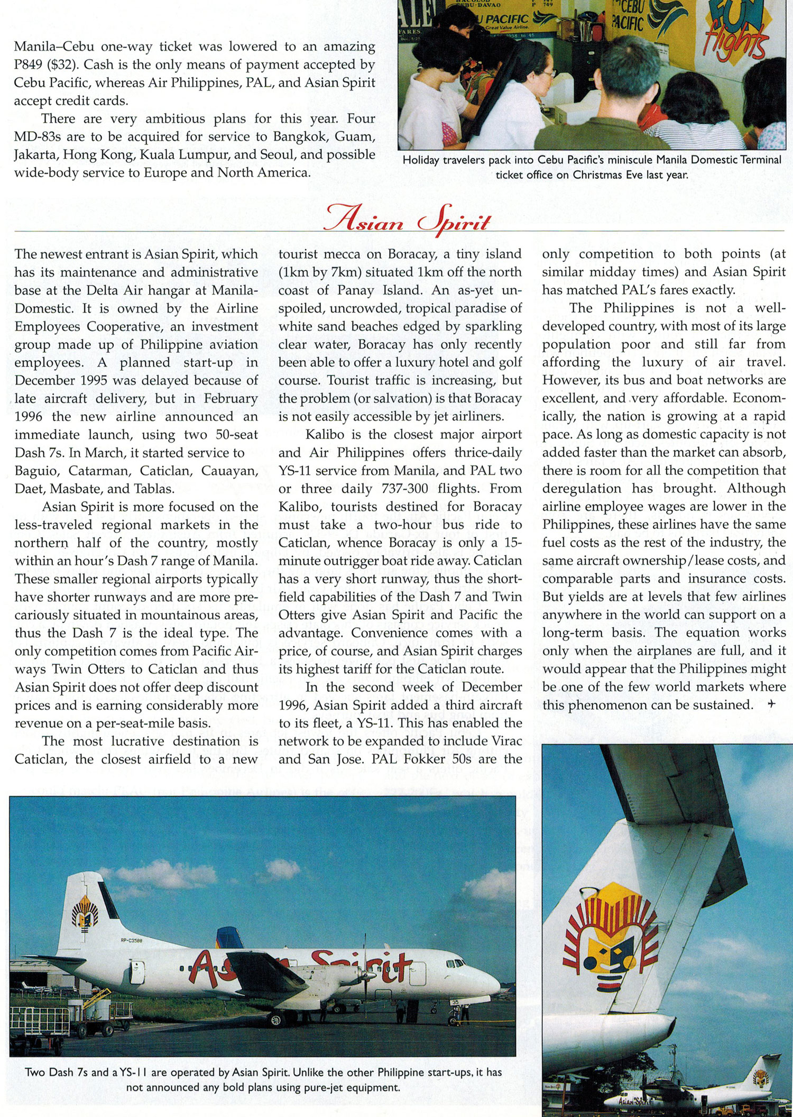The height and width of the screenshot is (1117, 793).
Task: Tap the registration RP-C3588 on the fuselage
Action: click(x=131, y=940)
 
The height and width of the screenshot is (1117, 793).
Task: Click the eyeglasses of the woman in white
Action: click(x=549, y=74)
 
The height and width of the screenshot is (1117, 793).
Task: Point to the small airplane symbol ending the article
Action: click(x=771, y=704)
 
